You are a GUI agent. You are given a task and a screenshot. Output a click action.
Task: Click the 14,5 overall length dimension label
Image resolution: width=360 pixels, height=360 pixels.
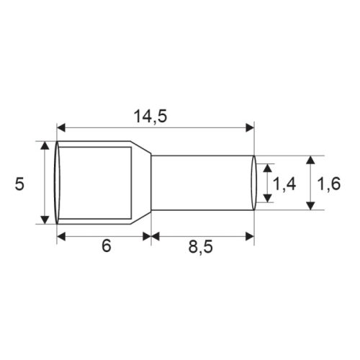[154, 114]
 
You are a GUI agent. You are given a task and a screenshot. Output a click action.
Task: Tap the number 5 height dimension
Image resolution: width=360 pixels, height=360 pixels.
[20, 184]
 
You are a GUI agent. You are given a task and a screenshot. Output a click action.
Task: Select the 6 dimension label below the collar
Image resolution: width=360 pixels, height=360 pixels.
[107, 247]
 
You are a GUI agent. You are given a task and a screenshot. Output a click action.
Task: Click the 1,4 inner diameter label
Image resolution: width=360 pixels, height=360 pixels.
[286, 184]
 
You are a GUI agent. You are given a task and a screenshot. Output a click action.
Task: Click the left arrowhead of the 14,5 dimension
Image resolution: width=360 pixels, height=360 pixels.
[61, 128]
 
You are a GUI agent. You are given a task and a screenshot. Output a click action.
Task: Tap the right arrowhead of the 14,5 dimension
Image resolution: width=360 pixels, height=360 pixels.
[250, 128]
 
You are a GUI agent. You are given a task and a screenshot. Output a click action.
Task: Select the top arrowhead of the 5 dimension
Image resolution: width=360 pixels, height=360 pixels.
[46, 146]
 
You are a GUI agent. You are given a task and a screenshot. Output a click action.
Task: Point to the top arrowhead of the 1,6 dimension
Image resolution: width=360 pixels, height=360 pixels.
[310, 160]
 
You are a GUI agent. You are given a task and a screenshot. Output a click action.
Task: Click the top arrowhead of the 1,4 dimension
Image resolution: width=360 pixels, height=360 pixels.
[268, 168]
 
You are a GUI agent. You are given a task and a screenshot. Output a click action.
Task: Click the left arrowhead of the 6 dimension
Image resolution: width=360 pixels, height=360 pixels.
[61, 235]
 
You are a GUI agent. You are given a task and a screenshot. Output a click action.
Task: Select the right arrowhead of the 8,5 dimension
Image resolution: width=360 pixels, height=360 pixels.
[250, 235]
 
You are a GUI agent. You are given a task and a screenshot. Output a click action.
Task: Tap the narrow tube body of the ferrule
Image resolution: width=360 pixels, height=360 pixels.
[202, 184]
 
